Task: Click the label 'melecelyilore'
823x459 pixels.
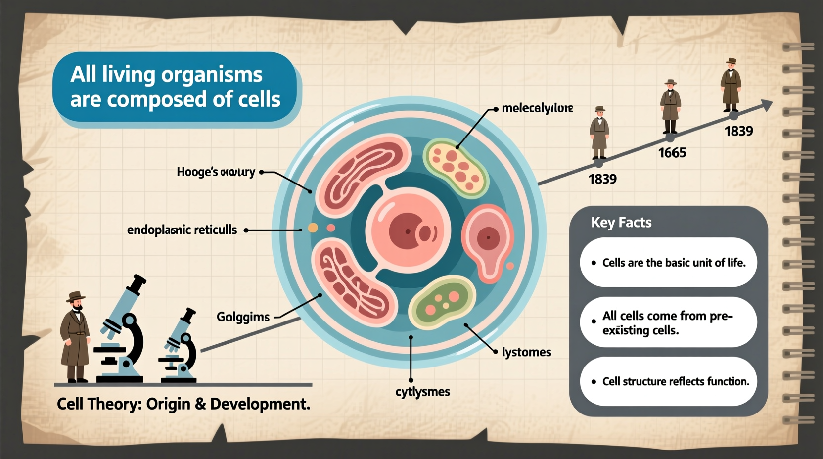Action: pos(537,108)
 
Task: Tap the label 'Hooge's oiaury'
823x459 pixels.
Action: pos(216,172)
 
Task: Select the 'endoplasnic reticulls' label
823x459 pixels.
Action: pos(182,230)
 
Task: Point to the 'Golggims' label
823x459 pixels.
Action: pos(243,317)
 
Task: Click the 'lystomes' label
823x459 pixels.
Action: pos(526,352)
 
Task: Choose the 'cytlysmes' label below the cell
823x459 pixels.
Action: pos(422,392)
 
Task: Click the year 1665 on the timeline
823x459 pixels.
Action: pos(672,153)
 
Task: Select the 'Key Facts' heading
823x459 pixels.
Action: pos(621,223)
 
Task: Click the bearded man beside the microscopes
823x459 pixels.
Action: pos(76,336)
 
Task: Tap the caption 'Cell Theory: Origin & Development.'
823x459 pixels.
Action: pos(183,404)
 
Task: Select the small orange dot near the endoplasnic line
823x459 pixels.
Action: pos(313,228)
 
